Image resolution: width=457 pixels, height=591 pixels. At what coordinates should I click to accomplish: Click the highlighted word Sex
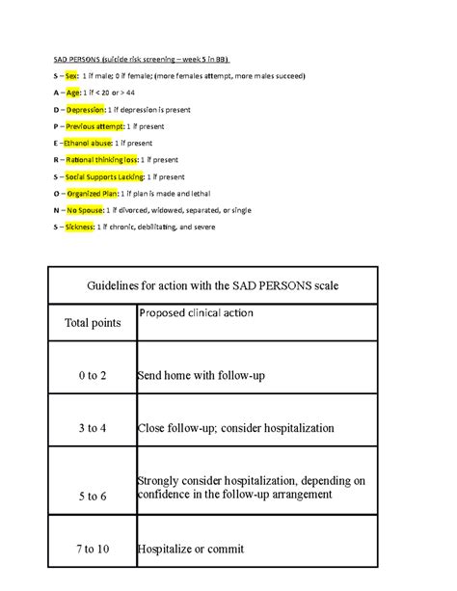[x=71, y=75]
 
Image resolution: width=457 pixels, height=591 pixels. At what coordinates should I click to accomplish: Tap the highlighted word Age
[x=72, y=93]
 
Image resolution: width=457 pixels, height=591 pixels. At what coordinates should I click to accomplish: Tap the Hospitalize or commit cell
[x=203, y=549]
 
